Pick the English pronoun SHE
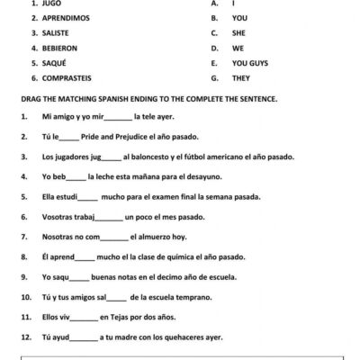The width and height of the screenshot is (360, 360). [240, 33]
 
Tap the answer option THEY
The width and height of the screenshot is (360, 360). [242, 79]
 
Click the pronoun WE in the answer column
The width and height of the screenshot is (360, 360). [238, 49]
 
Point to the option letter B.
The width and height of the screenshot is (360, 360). [214, 18]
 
